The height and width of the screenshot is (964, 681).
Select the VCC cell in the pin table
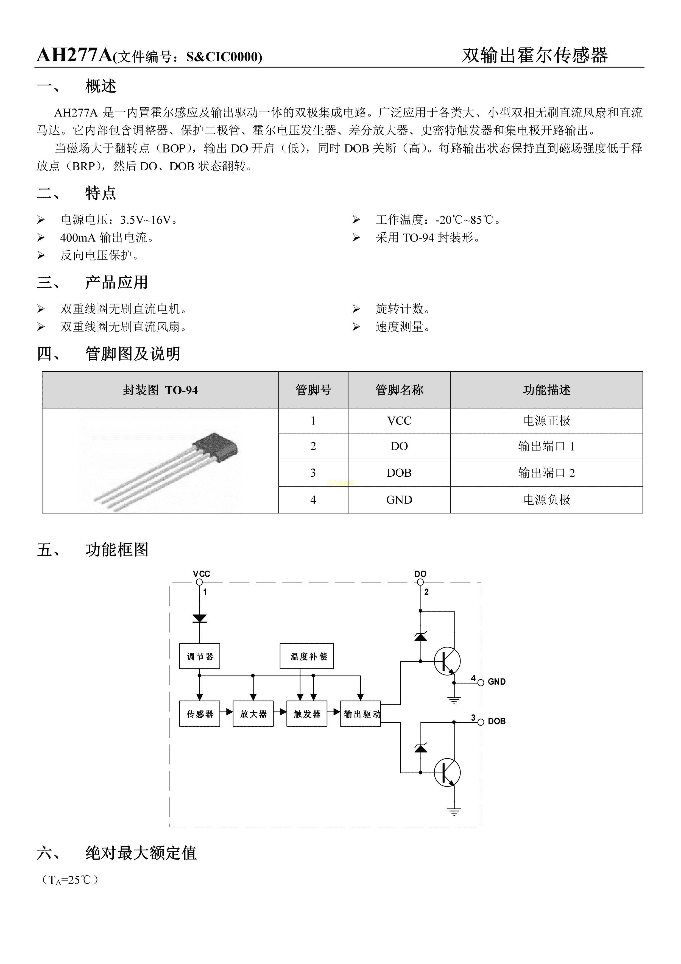[399, 421]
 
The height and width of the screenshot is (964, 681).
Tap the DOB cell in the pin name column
[399, 473]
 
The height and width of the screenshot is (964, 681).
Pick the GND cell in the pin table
[399, 500]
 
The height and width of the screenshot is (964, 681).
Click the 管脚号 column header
[313, 390]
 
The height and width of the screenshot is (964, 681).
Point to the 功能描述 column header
[546, 390]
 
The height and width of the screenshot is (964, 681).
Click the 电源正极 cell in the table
[546, 421]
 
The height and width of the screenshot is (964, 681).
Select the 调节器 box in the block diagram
[200, 656]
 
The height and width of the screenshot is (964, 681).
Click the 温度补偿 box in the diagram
[307, 656]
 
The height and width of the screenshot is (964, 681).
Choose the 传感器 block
[200, 714]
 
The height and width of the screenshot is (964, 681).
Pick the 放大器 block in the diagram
[253, 714]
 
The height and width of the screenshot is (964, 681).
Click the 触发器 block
[307, 714]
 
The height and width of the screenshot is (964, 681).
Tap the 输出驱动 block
[361, 714]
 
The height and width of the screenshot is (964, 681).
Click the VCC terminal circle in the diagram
[199, 582]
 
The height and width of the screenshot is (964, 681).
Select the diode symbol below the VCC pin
[199, 618]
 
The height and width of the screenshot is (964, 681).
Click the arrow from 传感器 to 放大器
[228, 712]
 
